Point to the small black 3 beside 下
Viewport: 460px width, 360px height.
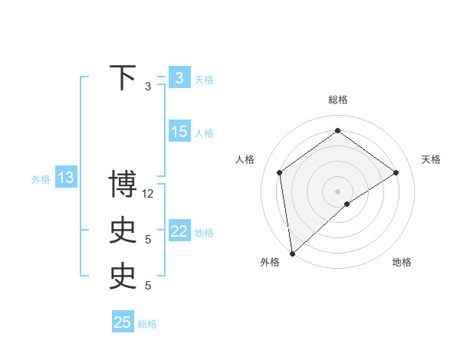click(x=148, y=87)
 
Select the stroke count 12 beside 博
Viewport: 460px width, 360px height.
click(x=148, y=194)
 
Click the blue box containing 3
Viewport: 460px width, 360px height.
click(x=179, y=78)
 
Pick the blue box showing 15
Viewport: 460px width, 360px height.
click(x=179, y=132)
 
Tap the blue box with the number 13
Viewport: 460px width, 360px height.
click(x=65, y=178)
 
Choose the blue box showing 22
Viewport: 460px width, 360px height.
click(x=179, y=231)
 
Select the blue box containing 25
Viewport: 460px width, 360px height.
click(x=123, y=322)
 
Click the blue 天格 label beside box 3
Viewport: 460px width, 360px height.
click(x=204, y=80)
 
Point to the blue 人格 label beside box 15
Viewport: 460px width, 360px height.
click(x=204, y=133)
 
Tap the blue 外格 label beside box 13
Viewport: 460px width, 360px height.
click(x=41, y=179)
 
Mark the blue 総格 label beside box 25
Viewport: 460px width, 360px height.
click(x=147, y=324)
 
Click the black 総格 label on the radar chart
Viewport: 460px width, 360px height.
click(x=338, y=100)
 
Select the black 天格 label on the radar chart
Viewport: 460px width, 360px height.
click(x=431, y=159)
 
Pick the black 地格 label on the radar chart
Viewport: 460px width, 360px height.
click(x=402, y=262)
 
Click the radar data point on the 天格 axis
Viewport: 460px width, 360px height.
click(x=396, y=172)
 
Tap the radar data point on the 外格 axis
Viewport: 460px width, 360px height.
click(x=291, y=253)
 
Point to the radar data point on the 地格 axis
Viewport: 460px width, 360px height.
click(x=347, y=204)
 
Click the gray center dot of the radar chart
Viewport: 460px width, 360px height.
click(x=338, y=191)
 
